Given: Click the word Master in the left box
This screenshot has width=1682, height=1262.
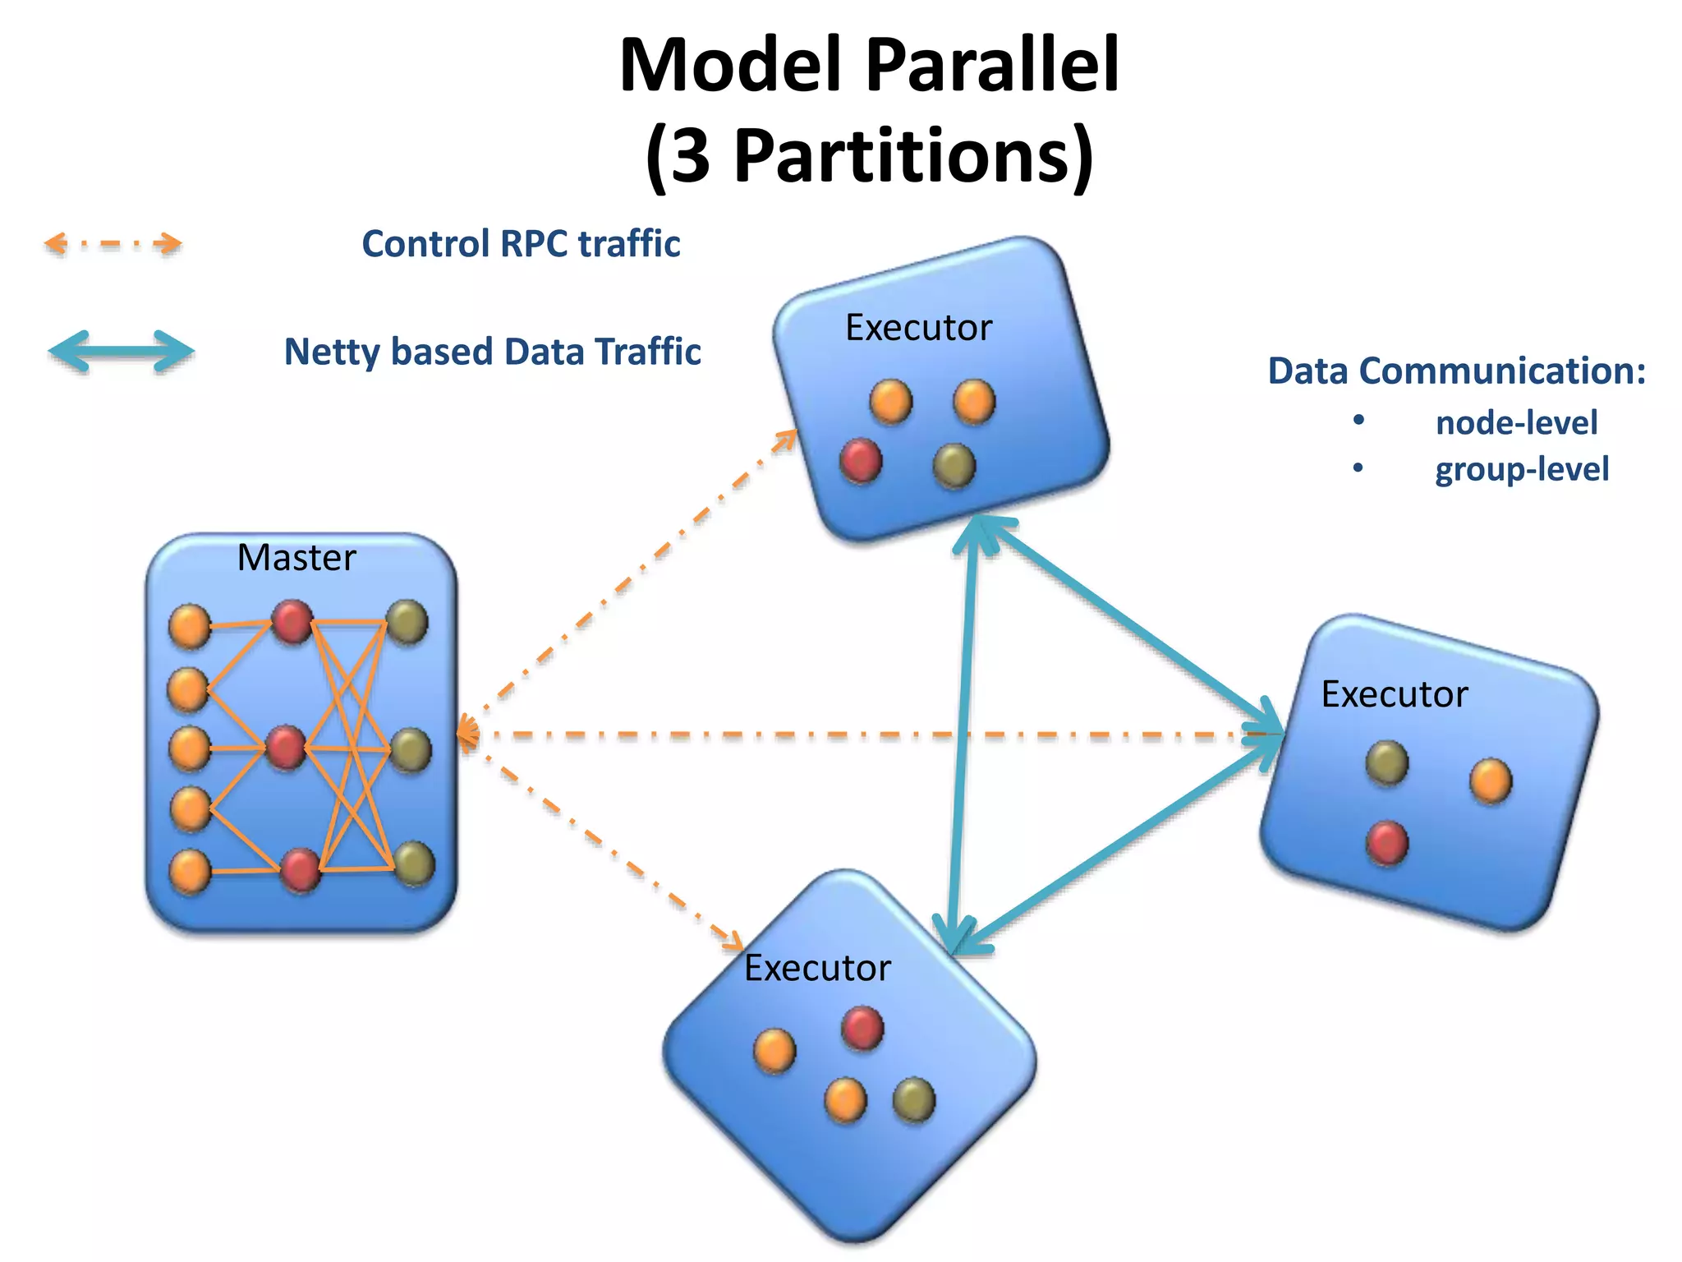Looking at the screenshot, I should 296,558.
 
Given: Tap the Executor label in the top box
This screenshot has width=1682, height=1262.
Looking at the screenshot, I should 918,328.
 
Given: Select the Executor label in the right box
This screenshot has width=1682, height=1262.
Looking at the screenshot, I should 1394,694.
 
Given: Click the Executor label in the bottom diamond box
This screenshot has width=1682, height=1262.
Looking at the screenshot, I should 817,968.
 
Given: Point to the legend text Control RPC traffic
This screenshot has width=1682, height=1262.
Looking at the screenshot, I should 521,244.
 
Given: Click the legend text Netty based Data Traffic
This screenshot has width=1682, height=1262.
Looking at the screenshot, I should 492,352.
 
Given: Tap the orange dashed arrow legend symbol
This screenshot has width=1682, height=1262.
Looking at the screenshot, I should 113,244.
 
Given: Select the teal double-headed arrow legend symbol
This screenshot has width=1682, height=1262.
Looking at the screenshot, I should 122,352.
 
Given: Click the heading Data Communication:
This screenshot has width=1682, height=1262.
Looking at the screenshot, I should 1456,371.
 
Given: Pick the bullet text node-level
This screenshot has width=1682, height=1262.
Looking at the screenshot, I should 1516,423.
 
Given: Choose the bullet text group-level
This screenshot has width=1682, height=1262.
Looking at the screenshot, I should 1522,469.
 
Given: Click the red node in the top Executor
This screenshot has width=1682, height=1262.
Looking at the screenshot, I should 861,460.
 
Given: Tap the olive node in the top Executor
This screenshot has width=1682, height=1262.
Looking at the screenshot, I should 954,466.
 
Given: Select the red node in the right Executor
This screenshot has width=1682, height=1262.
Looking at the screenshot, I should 1387,843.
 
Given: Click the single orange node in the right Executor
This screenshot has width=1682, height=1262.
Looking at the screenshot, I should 1491,780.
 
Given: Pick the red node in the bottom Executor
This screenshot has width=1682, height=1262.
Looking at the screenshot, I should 862,1029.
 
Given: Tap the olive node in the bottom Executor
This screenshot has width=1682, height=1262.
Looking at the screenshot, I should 914,1099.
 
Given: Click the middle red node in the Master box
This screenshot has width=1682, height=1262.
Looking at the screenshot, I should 287,748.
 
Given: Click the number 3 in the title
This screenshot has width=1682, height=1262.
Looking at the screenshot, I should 691,156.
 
